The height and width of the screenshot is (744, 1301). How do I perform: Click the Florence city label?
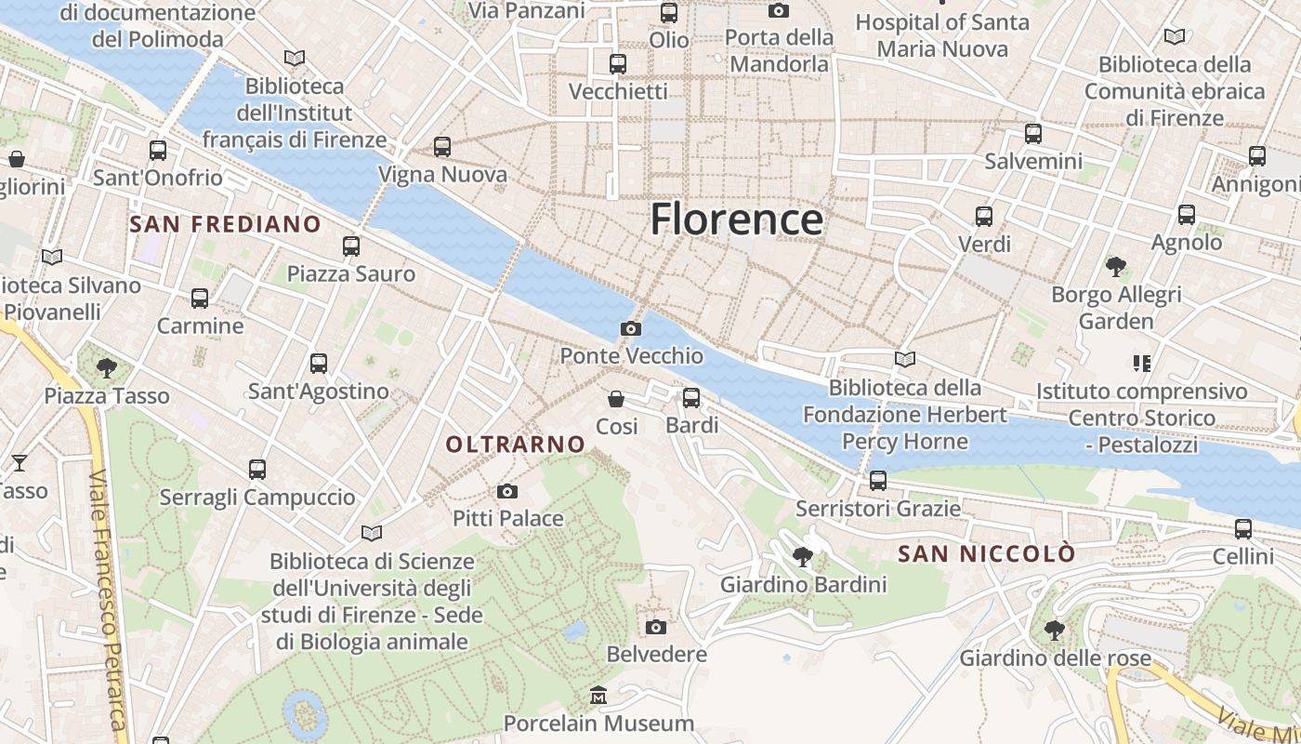[736, 219]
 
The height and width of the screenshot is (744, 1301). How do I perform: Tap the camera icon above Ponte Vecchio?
[631, 328]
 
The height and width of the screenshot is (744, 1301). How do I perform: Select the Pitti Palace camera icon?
[507, 491]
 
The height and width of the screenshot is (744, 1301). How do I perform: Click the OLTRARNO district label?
[516, 445]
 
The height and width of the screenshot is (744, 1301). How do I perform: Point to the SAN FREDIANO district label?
[225, 224]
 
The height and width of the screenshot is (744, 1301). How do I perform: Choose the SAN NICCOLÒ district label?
[987, 554]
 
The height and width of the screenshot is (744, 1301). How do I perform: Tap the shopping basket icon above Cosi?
[616, 399]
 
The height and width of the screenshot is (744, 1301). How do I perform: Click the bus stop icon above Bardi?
[691, 398]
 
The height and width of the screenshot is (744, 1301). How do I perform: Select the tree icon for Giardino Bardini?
[803, 557]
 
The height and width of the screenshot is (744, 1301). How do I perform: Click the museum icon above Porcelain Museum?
[598, 695]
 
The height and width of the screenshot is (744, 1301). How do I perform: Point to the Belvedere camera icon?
[656, 627]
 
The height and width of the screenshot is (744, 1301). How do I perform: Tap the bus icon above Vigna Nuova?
[442, 147]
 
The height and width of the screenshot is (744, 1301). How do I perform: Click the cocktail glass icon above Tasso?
[19, 462]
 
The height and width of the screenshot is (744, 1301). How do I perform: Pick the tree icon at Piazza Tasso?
[107, 367]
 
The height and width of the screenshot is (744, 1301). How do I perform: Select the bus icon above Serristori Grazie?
[878, 481]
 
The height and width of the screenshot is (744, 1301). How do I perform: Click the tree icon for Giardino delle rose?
[1055, 630]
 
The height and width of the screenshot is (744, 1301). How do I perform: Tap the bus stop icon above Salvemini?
[1033, 134]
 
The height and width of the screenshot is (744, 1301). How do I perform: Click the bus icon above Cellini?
[1243, 529]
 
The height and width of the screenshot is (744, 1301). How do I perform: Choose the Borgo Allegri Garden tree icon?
[1116, 267]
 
